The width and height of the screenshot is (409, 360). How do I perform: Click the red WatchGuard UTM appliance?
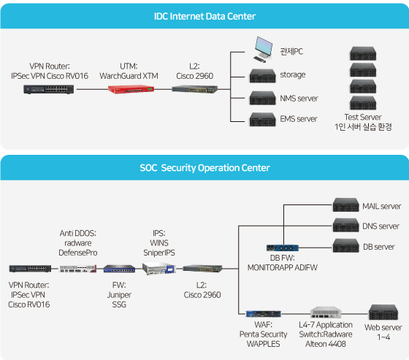tap(131, 89)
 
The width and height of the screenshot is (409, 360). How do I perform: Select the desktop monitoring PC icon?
tap(263, 50)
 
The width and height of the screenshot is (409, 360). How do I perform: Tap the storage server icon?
tap(262, 76)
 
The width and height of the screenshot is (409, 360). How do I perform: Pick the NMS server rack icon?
tap(262, 98)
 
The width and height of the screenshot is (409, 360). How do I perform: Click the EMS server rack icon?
tap(262, 120)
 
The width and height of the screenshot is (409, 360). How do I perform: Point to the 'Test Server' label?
tap(363, 117)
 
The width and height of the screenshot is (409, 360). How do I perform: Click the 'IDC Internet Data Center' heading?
tap(204, 16)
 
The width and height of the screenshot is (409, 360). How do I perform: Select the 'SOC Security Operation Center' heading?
tap(204, 168)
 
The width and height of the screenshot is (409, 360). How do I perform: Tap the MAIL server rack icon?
tap(345, 204)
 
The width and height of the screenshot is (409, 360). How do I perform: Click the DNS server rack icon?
tap(345, 225)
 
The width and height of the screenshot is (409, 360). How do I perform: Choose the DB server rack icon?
tap(345, 246)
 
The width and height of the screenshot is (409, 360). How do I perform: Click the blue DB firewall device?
tap(282, 248)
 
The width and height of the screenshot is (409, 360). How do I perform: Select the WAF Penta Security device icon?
tap(263, 314)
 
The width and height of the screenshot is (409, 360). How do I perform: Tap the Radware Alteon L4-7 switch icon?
tap(326, 313)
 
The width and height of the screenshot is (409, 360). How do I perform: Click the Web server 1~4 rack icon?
tap(383, 313)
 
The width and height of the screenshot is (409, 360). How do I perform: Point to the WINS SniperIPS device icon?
tap(158, 269)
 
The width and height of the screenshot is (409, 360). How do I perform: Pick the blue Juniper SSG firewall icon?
tap(119, 269)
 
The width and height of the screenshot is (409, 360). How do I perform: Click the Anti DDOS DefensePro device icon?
tap(77, 269)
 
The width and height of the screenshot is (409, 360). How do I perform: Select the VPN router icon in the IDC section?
tap(48, 90)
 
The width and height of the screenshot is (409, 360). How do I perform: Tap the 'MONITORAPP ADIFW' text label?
tap(282, 268)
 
